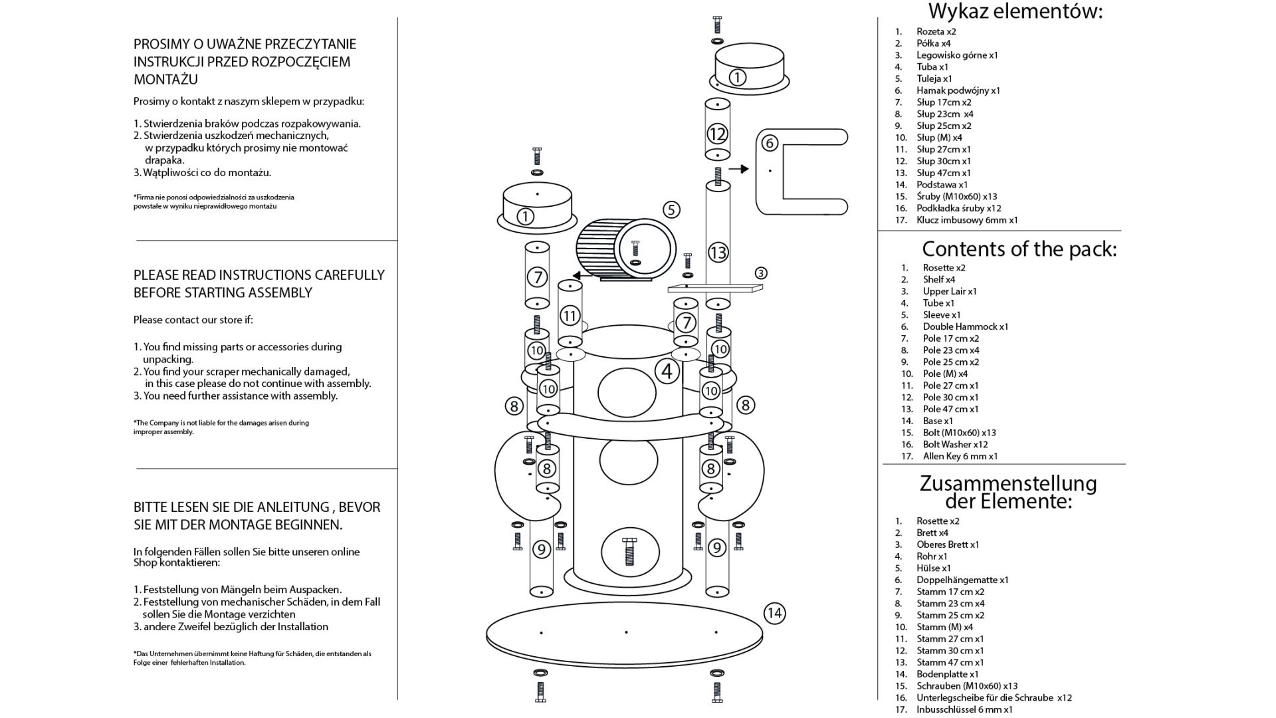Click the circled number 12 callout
point(717,134)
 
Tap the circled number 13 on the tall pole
point(718,253)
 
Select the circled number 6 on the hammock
point(769,143)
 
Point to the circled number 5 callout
point(671,210)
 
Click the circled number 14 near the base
point(774,613)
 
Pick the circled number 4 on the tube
point(667,371)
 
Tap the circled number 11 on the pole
point(570,315)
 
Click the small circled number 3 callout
point(761,273)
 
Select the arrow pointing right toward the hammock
point(738,170)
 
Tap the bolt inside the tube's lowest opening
point(630,552)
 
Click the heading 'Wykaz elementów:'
point(1015,11)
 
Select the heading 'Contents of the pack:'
point(1019,249)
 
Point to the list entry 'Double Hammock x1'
point(965,326)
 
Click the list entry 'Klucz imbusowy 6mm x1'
point(967,220)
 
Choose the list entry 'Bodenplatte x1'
point(947,674)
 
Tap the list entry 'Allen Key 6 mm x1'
point(960,456)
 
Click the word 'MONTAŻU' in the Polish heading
point(165,79)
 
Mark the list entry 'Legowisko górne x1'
point(957,55)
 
